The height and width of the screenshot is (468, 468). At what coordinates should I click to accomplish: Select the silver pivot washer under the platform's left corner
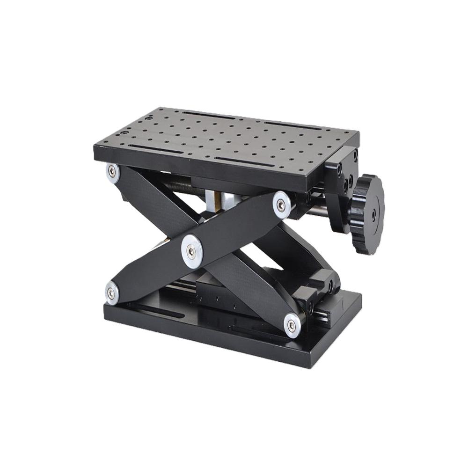point(112,171)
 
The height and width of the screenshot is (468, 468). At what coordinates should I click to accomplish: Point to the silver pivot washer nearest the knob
point(282,205)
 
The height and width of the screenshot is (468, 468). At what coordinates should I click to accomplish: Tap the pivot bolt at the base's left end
point(111,292)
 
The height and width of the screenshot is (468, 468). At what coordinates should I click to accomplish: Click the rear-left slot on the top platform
point(208,115)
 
